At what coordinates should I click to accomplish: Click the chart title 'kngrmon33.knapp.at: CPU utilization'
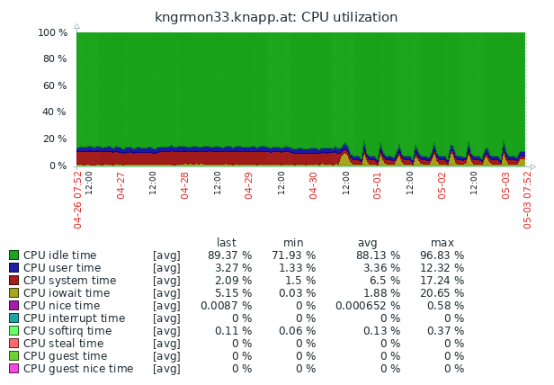coord(276,17)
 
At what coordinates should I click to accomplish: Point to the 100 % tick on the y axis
coord(53,32)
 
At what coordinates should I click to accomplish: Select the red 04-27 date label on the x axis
coord(121,185)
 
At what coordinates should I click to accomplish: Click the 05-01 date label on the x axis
coord(378,185)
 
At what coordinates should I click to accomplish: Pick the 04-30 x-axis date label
coord(313,185)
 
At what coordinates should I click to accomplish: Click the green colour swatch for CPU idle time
coord(13,255)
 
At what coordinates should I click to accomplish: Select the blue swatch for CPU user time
coord(13,268)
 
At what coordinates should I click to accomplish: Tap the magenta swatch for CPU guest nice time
coord(13,369)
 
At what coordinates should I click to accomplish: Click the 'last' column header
coord(227,243)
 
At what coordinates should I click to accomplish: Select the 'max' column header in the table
coord(442,243)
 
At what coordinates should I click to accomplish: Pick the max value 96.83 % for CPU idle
coord(442,255)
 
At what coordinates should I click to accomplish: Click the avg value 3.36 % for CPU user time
coord(378,268)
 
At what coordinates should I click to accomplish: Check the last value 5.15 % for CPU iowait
coord(229,293)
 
